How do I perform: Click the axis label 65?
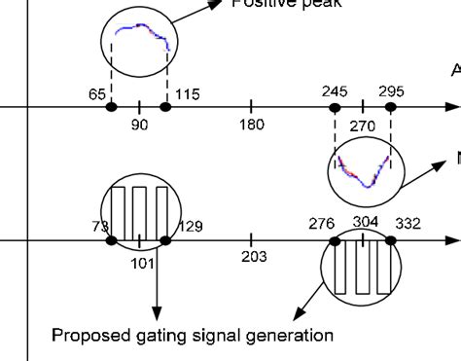96,94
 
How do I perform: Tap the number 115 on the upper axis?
187,94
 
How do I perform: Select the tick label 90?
139,125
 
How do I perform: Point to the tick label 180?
252,125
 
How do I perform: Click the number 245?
334,91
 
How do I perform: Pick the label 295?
392,91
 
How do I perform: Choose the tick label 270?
363,126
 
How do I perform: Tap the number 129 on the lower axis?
191,227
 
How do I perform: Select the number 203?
253,257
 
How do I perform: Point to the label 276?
322,225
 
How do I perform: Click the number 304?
366,222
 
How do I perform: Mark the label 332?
408,225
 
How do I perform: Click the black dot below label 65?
111,106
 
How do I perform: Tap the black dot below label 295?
391,106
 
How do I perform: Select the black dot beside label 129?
166,240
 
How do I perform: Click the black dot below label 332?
392,240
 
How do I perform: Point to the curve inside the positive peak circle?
145,37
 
